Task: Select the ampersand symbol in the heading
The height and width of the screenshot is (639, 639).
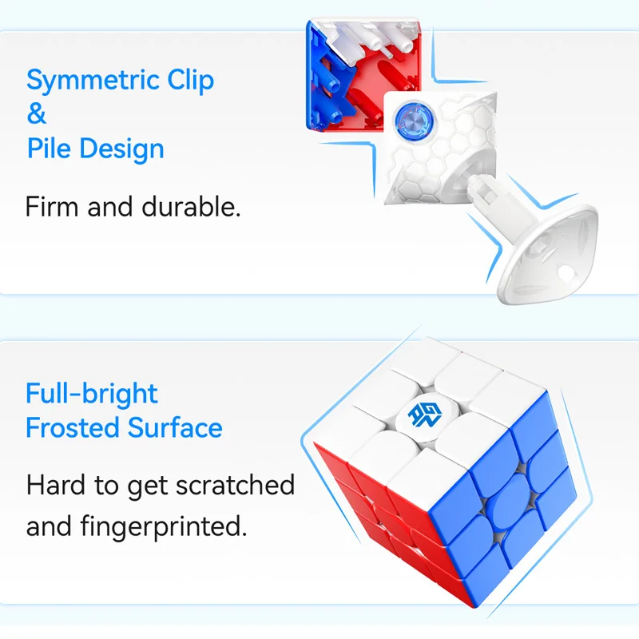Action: [x=37, y=113]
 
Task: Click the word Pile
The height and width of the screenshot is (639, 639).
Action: [x=49, y=148]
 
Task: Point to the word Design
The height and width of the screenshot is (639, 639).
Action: [x=121, y=149]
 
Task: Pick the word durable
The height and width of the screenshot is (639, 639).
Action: [x=191, y=206]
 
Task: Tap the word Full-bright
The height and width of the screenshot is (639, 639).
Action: [x=92, y=395]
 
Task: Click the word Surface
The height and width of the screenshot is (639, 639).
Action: [x=175, y=428]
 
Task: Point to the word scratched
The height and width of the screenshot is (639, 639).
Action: [x=235, y=485]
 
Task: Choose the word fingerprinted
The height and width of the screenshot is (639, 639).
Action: [x=164, y=527]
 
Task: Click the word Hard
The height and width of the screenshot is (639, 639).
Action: [x=55, y=485]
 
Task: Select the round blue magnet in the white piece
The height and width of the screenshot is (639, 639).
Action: [x=413, y=119]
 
